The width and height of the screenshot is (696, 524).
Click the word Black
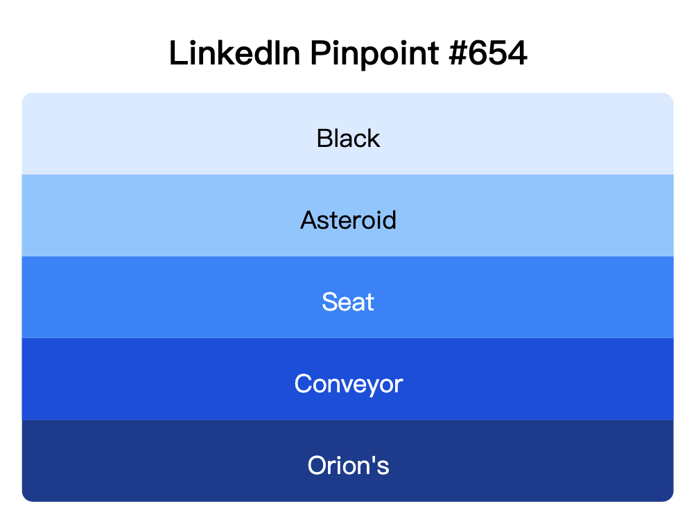tap(348, 139)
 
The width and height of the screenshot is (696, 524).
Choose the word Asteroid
tap(348, 220)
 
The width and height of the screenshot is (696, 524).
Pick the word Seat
tap(348, 302)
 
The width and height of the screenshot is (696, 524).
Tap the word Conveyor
tap(348, 384)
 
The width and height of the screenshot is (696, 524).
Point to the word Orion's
tap(348, 466)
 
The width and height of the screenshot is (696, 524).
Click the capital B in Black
tap(324, 139)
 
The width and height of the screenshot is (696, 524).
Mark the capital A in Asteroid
tap(308, 220)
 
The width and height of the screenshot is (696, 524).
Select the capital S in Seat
tap(329, 302)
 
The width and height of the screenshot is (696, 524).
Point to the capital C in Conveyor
tap(303, 384)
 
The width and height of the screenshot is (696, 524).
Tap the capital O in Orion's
tap(317, 466)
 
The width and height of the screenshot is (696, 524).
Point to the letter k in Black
tap(373, 139)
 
